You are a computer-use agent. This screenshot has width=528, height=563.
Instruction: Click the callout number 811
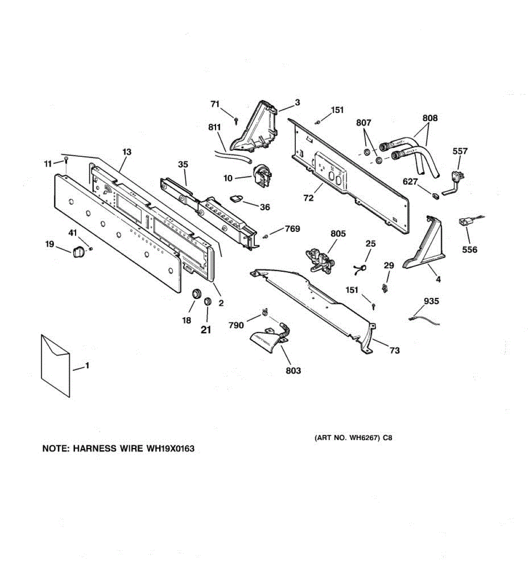coord(214,127)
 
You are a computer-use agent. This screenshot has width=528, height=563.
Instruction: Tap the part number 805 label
coord(338,234)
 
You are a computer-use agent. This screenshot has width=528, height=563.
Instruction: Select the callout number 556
coord(469,250)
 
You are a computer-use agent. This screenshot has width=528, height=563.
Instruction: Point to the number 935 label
coord(431,301)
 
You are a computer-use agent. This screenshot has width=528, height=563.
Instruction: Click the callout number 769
coord(292,229)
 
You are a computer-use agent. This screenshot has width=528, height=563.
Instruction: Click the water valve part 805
coord(318,259)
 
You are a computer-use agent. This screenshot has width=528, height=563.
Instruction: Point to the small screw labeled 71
coord(236,121)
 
